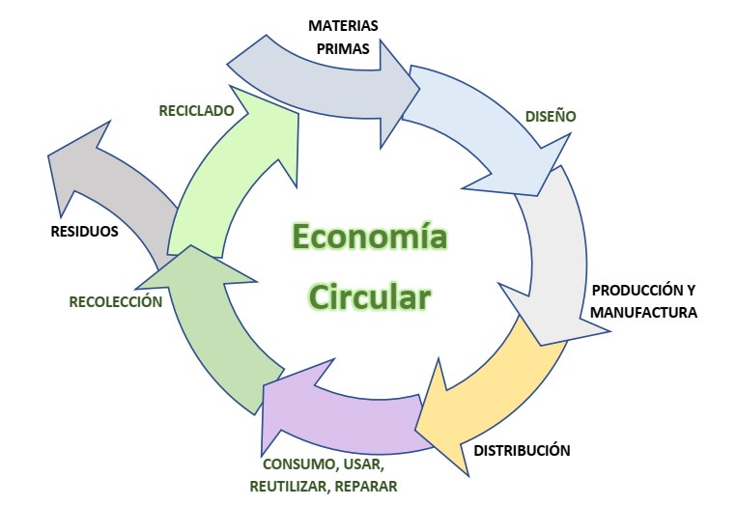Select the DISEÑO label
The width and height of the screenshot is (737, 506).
click(x=551, y=117)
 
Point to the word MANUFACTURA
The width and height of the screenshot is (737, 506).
click(x=643, y=312)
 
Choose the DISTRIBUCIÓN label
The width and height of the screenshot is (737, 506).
click(x=522, y=450)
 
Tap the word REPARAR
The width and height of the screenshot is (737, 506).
click(x=366, y=486)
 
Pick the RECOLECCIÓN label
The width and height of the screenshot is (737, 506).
click(x=115, y=301)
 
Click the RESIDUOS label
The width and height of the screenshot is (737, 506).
click(x=84, y=232)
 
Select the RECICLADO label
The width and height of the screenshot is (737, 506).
click(x=197, y=110)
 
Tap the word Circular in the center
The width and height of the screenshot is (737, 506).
click(x=368, y=295)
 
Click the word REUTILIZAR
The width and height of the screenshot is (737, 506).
click(x=288, y=486)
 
